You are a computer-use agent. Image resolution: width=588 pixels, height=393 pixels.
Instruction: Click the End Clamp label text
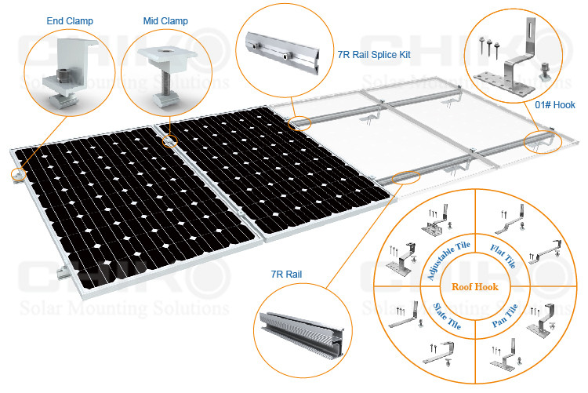(x=70, y=21)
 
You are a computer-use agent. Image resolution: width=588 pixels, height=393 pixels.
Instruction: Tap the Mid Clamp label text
(x=165, y=21)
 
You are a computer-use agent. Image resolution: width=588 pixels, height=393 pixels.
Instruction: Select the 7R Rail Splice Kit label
(x=374, y=55)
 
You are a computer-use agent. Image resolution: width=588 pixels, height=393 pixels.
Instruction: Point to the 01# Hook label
(x=555, y=105)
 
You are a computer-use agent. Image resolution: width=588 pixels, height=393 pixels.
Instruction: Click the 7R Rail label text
(x=286, y=275)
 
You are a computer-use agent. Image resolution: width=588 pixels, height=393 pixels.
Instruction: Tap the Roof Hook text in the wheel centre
(x=475, y=287)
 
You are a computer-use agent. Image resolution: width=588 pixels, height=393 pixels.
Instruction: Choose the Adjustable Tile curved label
(x=448, y=260)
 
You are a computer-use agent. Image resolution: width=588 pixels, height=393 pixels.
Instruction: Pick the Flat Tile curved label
(x=503, y=256)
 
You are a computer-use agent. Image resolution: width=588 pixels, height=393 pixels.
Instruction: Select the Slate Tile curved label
(x=447, y=316)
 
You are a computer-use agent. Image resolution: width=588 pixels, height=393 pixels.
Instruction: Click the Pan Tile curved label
(x=505, y=315)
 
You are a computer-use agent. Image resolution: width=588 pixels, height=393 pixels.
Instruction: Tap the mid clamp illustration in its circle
(x=166, y=75)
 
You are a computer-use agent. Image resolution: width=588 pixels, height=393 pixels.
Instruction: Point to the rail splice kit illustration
(x=282, y=53)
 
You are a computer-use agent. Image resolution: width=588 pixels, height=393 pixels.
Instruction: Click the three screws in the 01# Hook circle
(x=489, y=45)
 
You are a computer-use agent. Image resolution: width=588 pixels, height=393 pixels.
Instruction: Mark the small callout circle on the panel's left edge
(x=18, y=175)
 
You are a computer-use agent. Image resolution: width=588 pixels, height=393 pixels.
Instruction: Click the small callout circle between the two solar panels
(x=170, y=140)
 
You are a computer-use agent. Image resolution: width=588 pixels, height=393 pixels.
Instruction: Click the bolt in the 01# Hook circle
(x=545, y=72)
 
